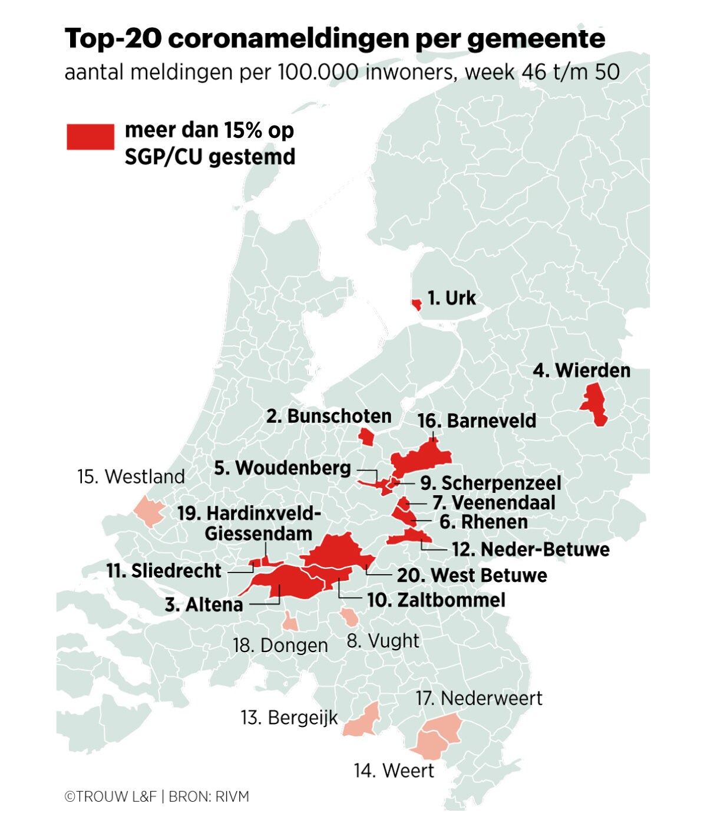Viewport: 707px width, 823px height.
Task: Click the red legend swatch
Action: click(x=90, y=137)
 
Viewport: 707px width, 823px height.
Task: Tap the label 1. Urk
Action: click(x=451, y=298)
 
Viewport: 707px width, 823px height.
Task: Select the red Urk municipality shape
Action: click(x=417, y=304)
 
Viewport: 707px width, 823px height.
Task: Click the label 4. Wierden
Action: click(x=582, y=370)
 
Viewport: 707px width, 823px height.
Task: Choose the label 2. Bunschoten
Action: click(x=329, y=416)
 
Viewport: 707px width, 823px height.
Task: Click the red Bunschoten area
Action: click(x=366, y=437)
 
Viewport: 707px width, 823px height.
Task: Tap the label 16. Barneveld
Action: click(x=477, y=421)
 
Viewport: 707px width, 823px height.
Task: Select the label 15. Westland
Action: click(x=131, y=476)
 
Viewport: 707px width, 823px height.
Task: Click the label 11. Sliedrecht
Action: click(x=164, y=571)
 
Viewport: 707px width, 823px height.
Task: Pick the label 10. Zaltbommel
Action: click(x=436, y=600)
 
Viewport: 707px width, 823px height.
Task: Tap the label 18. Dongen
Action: click(x=280, y=645)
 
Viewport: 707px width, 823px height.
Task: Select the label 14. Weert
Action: click(x=394, y=771)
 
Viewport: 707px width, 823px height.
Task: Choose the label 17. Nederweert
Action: click(x=478, y=698)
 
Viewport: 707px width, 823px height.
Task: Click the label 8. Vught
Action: click(x=383, y=640)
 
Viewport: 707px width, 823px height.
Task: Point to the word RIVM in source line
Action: click(x=232, y=796)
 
